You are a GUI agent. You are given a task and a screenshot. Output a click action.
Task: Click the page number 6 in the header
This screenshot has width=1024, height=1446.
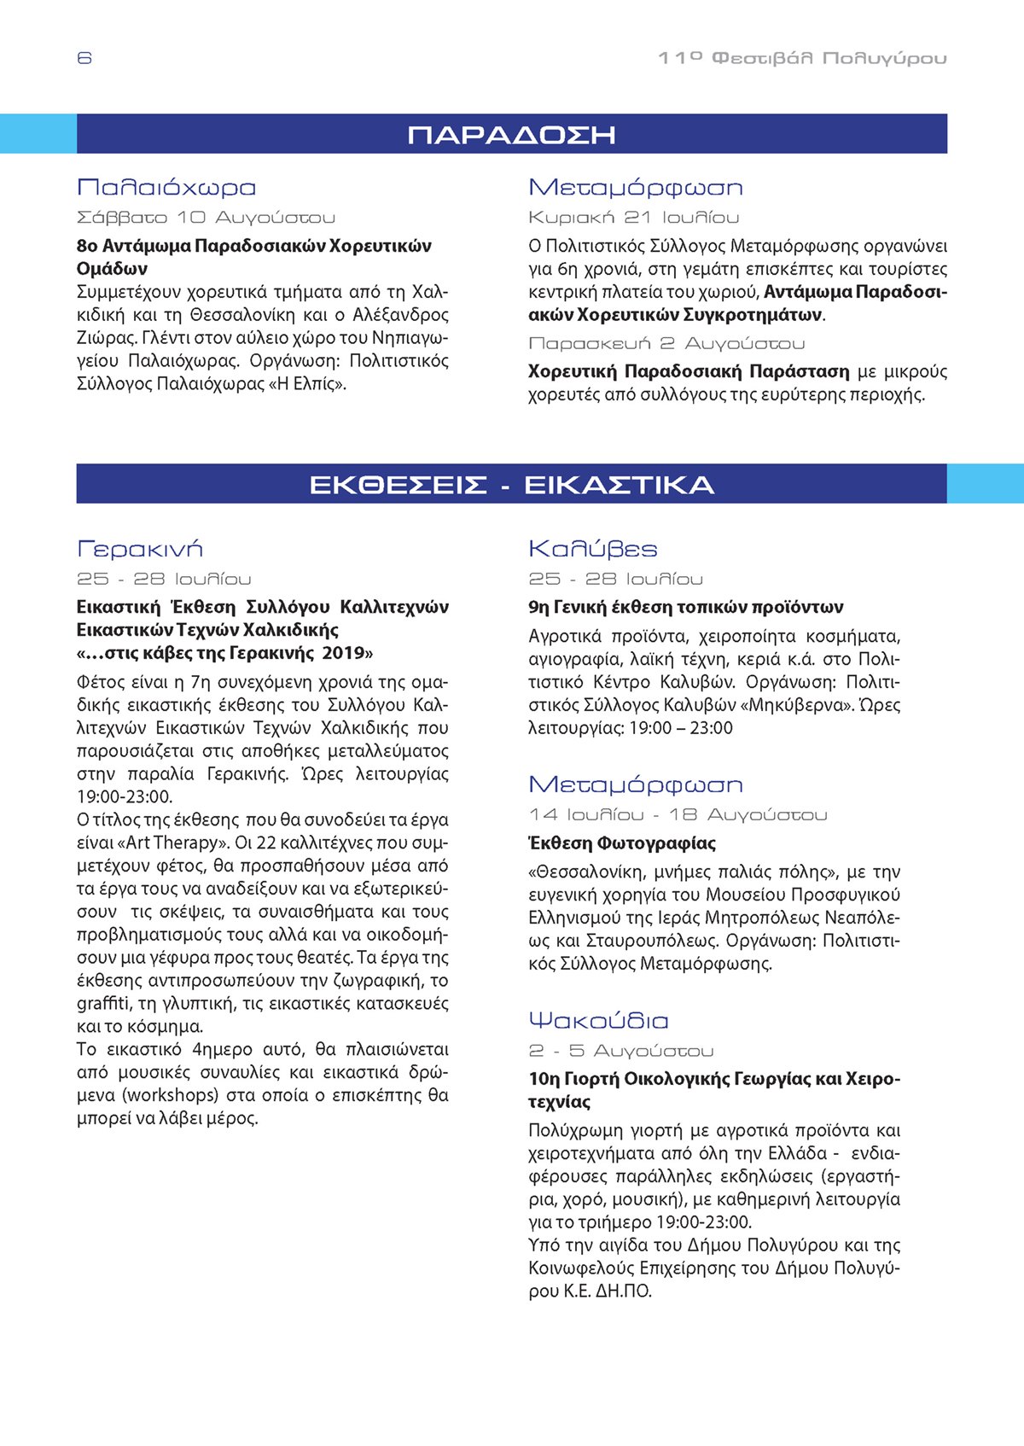pyautogui.click(x=84, y=58)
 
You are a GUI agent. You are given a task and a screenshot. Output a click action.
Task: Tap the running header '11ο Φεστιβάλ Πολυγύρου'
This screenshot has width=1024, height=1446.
pyautogui.click(x=802, y=58)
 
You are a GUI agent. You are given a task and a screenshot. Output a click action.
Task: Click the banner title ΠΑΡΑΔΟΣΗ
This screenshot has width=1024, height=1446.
pyautogui.click(x=511, y=135)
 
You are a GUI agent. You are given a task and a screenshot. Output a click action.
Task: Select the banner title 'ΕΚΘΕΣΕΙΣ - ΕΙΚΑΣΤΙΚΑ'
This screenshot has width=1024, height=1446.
pyautogui.click(x=511, y=485)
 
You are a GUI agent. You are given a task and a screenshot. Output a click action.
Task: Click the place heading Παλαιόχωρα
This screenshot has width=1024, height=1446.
pyautogui.click(x=166, y=188)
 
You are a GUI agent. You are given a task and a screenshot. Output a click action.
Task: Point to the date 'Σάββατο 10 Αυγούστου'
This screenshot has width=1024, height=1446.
pyautogui.click(x=206, y=218)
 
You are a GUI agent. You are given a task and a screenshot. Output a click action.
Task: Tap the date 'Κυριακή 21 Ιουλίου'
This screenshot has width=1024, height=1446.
pyautogui.click(x=633, y=218)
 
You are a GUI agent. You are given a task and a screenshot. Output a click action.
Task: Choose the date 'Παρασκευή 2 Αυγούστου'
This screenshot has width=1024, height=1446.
pyautogui.click(x=666, y=343)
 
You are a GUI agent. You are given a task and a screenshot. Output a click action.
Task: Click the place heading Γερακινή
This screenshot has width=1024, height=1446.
pyautogui.click(x=140, y=549)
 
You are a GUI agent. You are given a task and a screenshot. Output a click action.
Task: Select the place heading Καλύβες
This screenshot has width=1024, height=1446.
pyautogui.click(x=593, y=549)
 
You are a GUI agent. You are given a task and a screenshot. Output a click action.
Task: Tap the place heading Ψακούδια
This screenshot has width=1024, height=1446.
pyautogui.click(x=598, y=1021)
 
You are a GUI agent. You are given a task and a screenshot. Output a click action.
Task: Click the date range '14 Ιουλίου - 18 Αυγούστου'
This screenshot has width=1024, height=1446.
pyautogui.click(x=678, y=815)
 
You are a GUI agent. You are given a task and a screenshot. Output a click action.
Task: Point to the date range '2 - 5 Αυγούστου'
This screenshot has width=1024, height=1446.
pyautogui.click(x=620, y=1051)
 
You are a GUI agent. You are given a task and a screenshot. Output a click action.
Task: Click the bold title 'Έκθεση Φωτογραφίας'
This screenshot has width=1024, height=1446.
pyautogui.click(x=622, y=843)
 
